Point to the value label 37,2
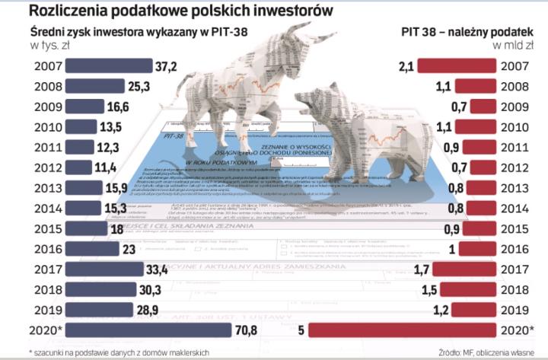(167, 66)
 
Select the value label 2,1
(406, 66)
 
